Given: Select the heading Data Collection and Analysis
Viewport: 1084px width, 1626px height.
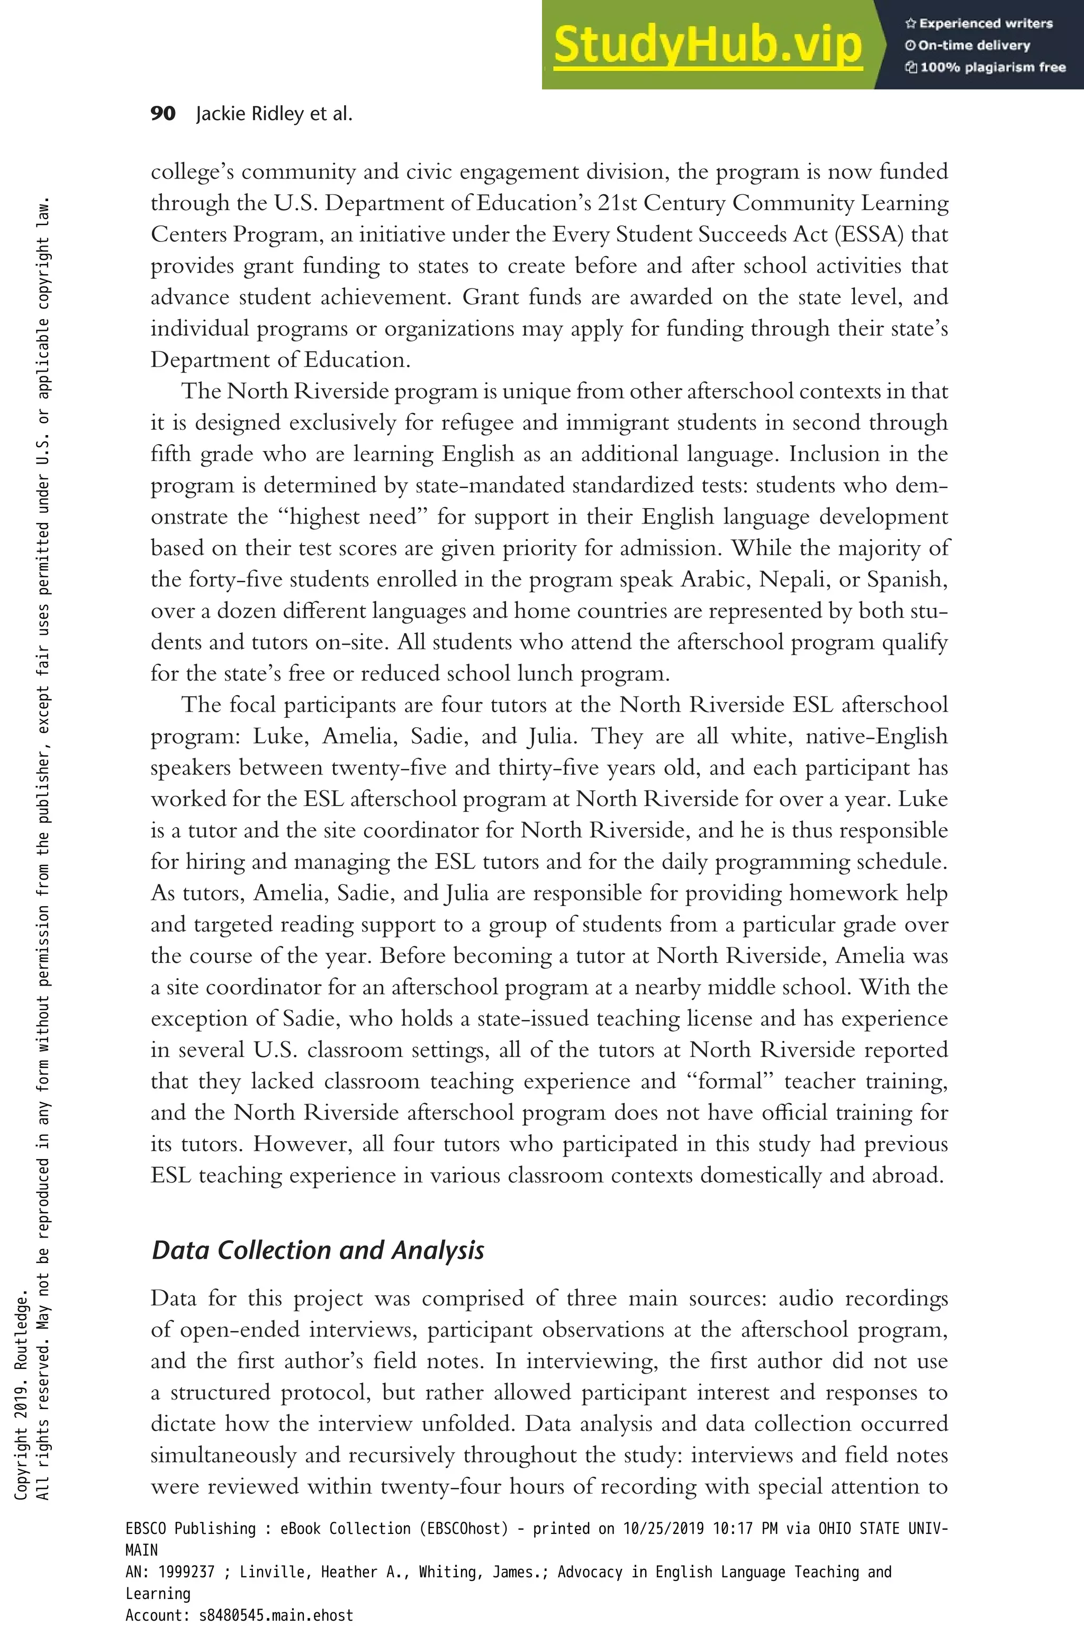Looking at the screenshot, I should click(318, 1250).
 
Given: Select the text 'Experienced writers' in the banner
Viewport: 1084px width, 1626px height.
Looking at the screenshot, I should click(985, 23).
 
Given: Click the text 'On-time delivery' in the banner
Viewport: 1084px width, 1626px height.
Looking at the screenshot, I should click(973, 46).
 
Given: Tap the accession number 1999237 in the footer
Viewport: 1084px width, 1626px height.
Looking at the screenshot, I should click(186, 1572).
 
